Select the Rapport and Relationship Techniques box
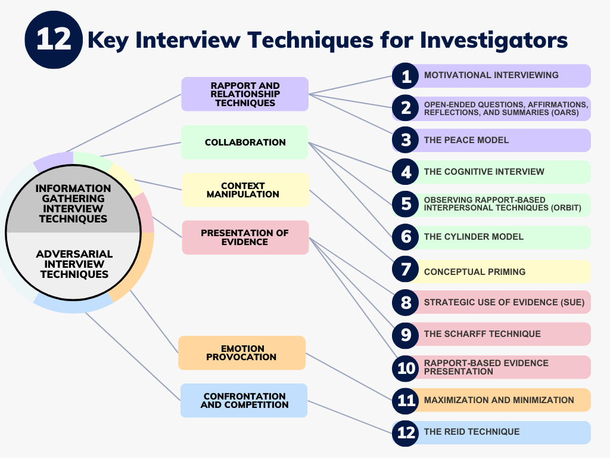click(x=245, y=94)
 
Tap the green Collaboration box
click(x=245, y=143)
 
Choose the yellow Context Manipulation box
click(x=245, y=190)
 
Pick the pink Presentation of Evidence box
click(x=245, y=237)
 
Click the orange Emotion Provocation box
click(x=241, y=353)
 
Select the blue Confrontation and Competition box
click(x=244, y=400)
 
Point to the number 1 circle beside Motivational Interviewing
click(x=406, y=76)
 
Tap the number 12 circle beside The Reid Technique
click(x=406, y=432)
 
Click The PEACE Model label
click(x=466, y=140)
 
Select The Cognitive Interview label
click(x=484, y=172)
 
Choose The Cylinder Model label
click(x=474, y=237)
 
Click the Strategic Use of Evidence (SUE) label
click(x=504, y=302)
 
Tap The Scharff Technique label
click(x=482, y=334)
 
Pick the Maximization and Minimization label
click(x=499, y=400)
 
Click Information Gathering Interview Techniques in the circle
click(x=74, y=203)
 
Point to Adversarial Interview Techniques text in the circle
click(x=74, y=264)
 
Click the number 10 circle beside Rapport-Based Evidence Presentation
click(x=406, y=368)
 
